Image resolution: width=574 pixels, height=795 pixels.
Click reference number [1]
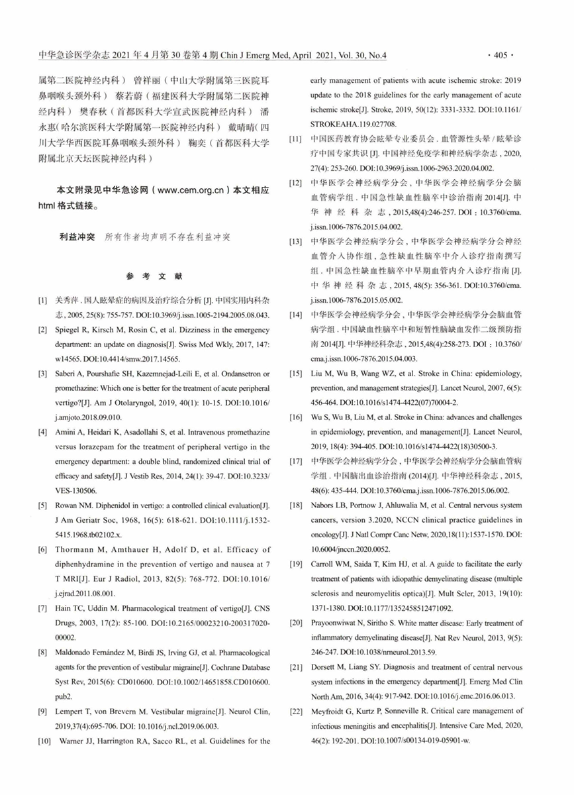(x=43, y=301)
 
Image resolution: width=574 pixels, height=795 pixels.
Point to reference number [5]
(x=43, y=505)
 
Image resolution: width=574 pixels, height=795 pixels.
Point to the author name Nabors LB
(x=328, y=505)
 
